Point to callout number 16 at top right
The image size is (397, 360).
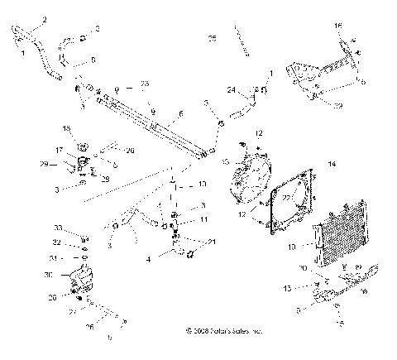click(x=337, y=26)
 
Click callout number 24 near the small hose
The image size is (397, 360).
click(x=232, y=89)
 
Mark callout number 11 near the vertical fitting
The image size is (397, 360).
click(x=203, y=220)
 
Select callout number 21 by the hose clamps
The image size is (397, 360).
click(x=213, y=241)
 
